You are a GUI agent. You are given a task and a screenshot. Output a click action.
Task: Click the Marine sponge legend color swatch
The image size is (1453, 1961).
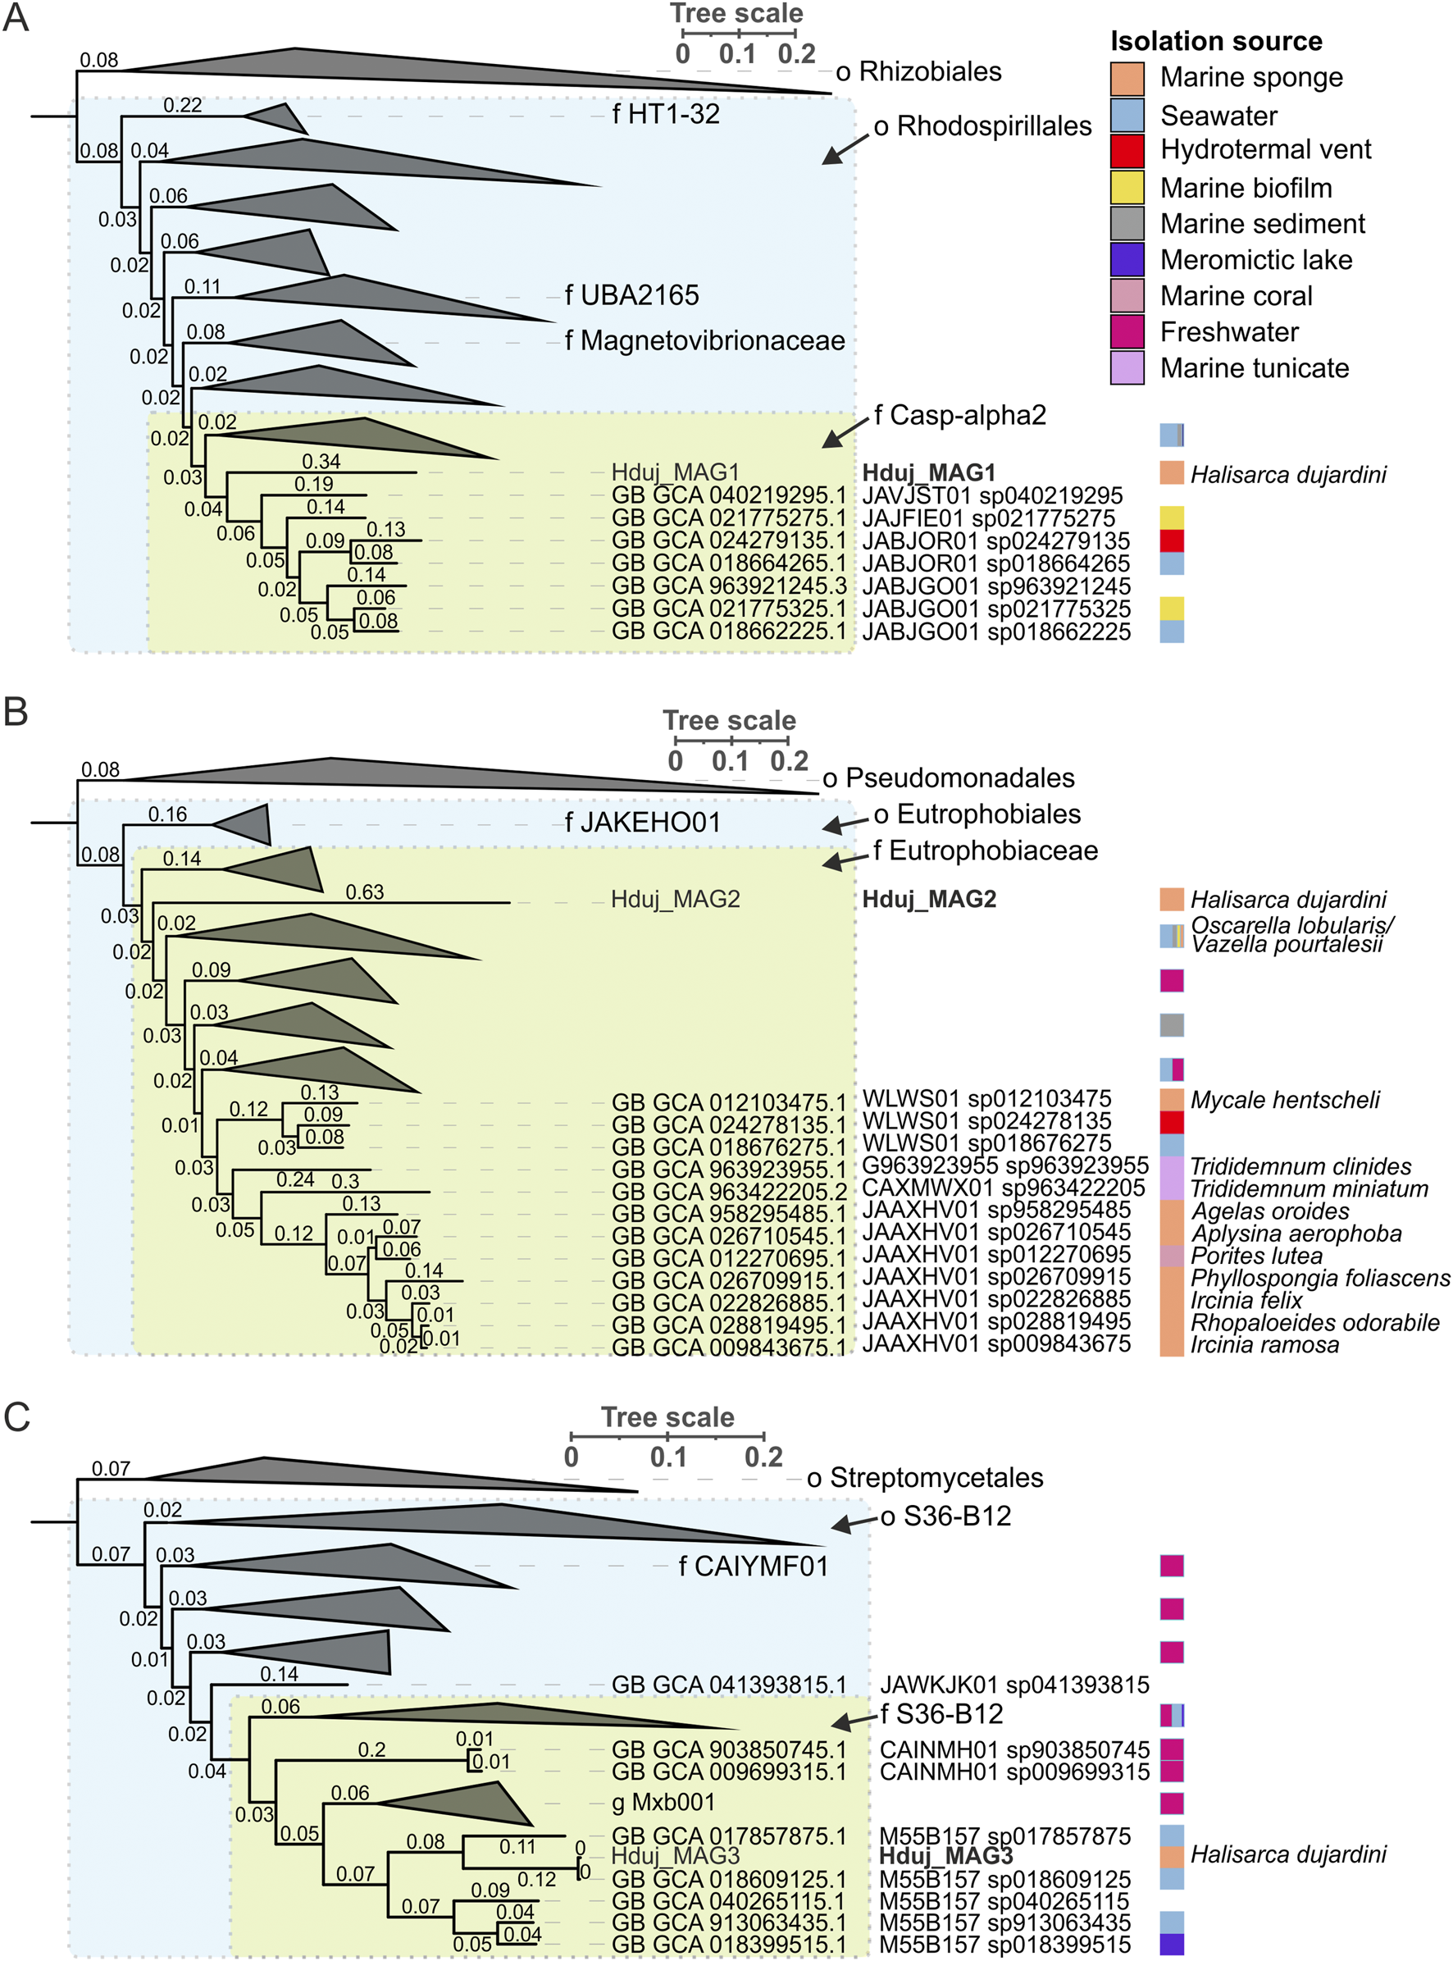(x=1127, y=77)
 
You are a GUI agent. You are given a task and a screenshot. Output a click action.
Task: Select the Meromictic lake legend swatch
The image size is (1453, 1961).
(x=1127, y=259)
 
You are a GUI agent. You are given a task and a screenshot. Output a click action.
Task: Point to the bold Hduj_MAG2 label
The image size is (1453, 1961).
(x=929, y=899)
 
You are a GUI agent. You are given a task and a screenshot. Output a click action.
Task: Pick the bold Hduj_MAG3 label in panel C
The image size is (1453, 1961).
(x=945, y=1855)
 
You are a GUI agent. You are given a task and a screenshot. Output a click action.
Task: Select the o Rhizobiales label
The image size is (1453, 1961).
(x=918, y=71)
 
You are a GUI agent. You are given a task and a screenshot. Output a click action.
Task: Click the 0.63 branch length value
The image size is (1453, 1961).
(x=364, y=892)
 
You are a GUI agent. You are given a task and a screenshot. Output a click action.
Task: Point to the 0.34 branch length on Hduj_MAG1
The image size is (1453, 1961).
(x=321, y=461)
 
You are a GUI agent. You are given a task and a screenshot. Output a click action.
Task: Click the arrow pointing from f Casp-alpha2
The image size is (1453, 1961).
(x=845, y=431)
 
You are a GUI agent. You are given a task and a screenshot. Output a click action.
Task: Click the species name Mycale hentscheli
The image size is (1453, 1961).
(x=1284, y=1100)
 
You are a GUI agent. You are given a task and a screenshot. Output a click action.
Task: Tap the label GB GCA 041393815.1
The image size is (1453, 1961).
(x=728, y=1684)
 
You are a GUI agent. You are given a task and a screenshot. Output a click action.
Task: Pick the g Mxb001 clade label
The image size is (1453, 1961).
(x=663, y=1802)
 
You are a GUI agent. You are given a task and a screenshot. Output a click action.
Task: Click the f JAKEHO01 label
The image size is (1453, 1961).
(x=642, y=823)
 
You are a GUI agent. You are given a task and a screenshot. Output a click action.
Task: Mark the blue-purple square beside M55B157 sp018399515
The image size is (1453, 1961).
(x=1172, y=1945)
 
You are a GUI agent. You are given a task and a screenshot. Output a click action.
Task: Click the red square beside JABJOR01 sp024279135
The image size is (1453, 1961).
(x=1172, y=541)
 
